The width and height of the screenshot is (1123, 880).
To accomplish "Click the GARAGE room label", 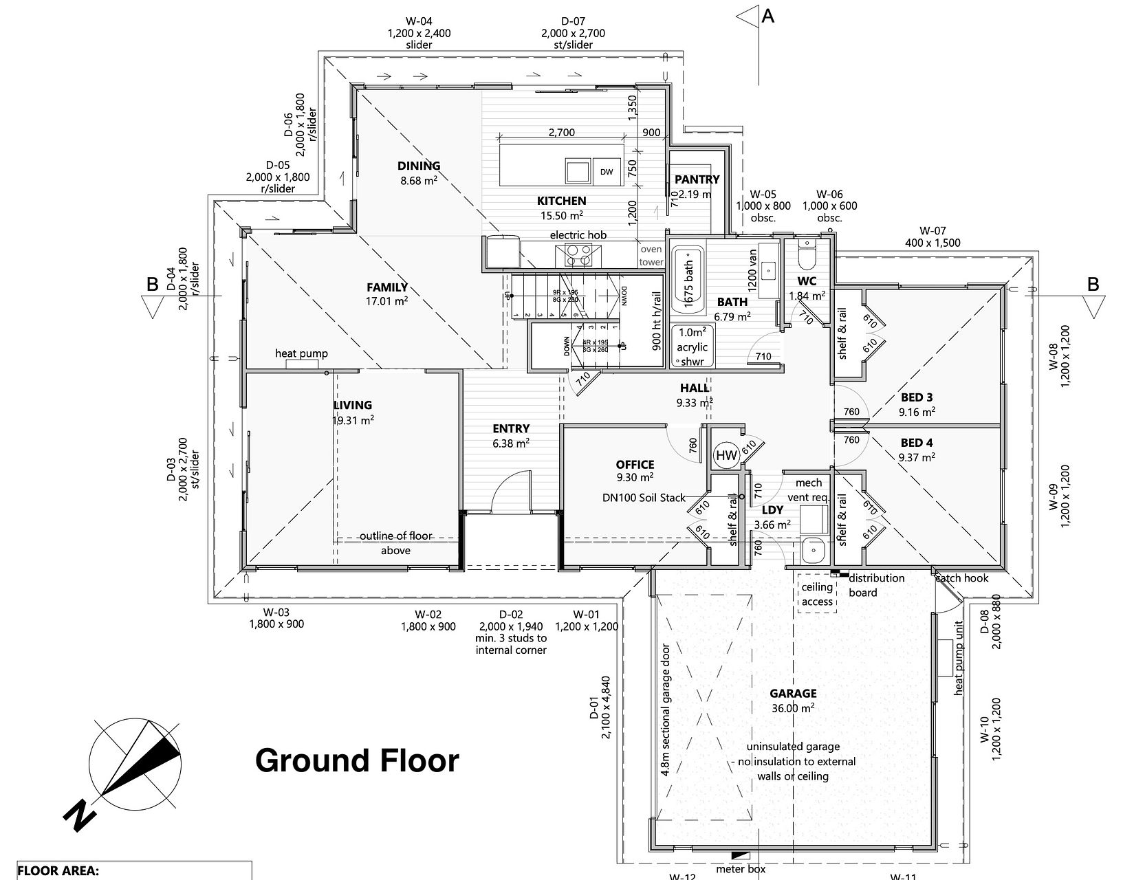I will tap(793, 694).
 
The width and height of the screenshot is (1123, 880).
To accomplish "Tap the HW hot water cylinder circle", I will tap(726, 455).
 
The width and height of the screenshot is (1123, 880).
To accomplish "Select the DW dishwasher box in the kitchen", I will tap(606, 171).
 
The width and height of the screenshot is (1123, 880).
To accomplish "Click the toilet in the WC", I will tap(806, 256).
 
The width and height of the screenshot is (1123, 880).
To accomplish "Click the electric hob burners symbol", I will tap(577, 255).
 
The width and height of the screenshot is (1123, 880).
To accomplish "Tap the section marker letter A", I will tap(768, 16).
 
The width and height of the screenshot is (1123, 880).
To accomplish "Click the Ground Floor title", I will tap(357, 761).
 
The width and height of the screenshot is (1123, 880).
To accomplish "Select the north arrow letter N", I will tap(80, 815).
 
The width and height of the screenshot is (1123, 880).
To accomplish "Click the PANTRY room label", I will tap(697, 179).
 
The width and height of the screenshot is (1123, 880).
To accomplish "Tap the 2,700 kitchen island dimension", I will tap(561, 133).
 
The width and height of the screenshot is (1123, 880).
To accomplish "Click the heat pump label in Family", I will tap(301, 354).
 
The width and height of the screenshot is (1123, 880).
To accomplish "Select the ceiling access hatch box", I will tap(817, 594).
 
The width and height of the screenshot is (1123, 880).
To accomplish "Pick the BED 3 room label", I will tap(917, 397).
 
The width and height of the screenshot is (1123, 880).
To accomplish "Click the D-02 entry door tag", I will tap(511, 615).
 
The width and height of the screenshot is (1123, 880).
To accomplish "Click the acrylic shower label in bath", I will tap(692, 347).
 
